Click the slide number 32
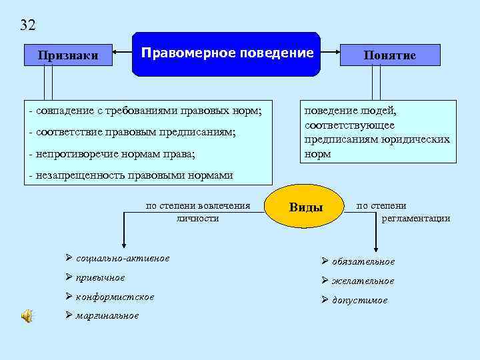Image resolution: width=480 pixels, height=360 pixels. click(28, 25)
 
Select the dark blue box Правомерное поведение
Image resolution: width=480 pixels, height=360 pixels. click(227, 53)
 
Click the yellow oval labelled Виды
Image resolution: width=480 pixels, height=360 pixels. click(305, 207)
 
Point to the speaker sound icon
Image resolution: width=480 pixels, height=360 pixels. click(27, 316)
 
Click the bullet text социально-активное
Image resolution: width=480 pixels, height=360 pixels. click(123, 258)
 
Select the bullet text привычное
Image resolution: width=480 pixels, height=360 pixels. click(101, 277)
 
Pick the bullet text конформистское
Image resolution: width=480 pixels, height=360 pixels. click(115, 297)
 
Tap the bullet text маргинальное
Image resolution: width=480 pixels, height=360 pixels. click(107, 315)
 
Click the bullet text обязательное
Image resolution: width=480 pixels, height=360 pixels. click(363, 261)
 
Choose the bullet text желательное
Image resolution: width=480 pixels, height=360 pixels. click(363, 281)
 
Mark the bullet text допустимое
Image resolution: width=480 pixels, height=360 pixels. click(359, 300)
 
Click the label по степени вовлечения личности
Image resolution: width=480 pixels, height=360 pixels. click(198, 211)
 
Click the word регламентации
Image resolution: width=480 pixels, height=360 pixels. click(415, 218)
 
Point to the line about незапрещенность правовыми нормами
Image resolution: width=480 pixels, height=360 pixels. click(131, 175)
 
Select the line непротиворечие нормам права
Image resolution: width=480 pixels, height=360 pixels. click(113, 154)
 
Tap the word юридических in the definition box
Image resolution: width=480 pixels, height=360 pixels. click(420, 139)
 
